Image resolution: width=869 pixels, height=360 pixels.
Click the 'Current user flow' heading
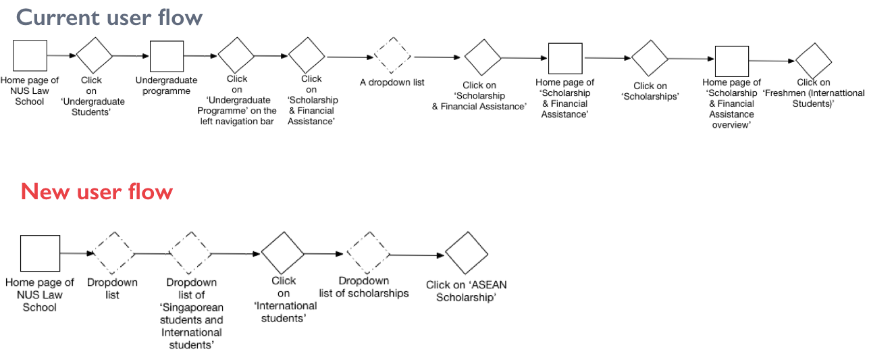(x=109, y=17)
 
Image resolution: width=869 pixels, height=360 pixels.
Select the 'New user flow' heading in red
(x=97, y=192)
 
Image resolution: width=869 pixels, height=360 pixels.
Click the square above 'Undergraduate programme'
(x=167, y=57)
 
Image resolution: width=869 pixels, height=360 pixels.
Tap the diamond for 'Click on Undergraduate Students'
(x=95, y=57)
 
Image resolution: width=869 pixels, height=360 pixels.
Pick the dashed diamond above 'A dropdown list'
(x=393, y=56)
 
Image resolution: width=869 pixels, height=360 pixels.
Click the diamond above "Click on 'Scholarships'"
(x=650, y=59)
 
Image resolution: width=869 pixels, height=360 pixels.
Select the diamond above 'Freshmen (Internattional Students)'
(x=814, y=61)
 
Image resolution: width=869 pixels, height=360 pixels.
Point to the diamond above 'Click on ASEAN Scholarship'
(x=466, y=255)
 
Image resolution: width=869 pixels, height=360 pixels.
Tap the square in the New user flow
(x=40, y=253)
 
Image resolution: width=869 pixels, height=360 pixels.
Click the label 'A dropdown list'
(x=392, y=83)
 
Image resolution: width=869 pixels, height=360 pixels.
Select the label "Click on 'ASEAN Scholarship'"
(x=466, y=291)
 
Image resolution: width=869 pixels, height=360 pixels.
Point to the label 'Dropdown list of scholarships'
(x=364, y=287)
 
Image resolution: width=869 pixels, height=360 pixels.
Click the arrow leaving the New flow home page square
(x=77, y=253)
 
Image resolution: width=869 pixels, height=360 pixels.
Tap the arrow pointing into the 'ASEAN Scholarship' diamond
(x=418, y=255)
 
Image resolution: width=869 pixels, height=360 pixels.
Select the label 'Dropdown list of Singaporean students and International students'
(x=191, y=313)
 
